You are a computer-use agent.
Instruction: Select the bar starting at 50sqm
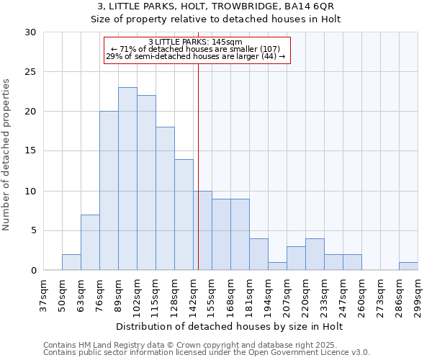tap(71, 262)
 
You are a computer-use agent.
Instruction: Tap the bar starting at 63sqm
tap(90, 242)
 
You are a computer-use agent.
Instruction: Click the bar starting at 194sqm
tap(277, 266)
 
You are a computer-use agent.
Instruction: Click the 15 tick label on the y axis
tap(30, 151)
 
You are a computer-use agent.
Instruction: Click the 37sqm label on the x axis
tap(43, 294)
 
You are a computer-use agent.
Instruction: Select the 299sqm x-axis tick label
tap(418, 294)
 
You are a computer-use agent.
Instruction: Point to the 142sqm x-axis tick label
tap(193, 294)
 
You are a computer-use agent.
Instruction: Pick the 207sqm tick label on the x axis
tap(287, 294)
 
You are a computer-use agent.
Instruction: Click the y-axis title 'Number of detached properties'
tap(7, 155)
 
